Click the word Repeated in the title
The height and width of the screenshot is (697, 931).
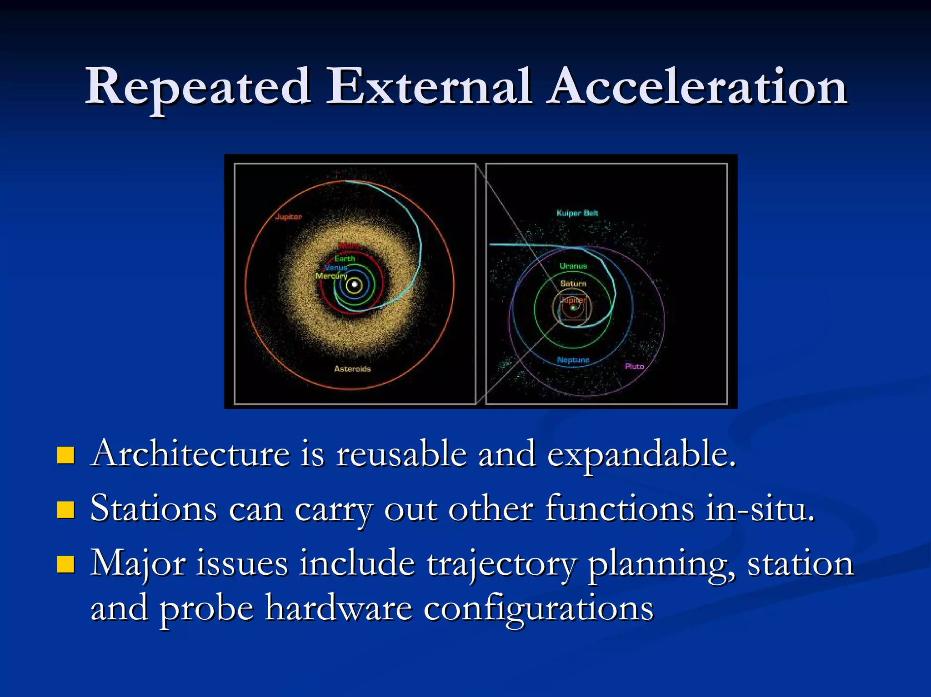point(198,87)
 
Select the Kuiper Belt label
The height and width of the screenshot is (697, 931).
point(577,213)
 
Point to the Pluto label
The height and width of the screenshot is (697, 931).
point(634,366)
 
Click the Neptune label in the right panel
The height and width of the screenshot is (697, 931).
point(573,360)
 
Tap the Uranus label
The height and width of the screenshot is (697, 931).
point(573,266)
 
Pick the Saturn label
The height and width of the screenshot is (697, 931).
point(573,284)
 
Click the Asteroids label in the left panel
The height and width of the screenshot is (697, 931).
point(352,369)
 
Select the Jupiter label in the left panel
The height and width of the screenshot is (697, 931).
point(288,217)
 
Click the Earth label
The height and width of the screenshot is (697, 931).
point(345,259)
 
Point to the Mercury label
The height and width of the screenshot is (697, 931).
point(331,276)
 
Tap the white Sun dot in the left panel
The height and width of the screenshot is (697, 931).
point(354,285)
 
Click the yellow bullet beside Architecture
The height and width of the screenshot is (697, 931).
point(66,455)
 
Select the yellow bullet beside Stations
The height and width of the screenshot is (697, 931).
point(66,510)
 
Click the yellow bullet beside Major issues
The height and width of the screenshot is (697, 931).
point(66,564)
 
